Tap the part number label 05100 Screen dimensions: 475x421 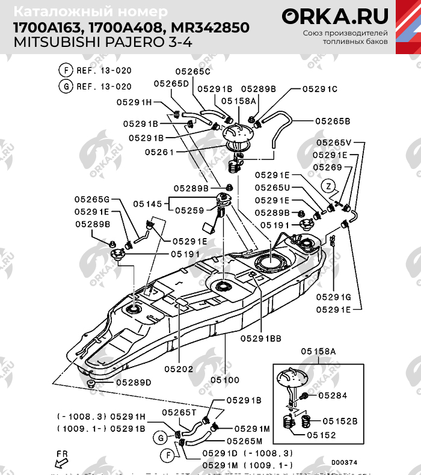tap(226, 380)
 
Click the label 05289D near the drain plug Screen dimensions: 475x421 tap(134, 382)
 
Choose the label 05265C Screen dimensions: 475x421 tap(193, 71)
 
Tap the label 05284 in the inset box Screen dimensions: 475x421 tap(333, 396)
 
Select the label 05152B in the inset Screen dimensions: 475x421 tap(343, 421)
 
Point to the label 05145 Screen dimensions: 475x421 tap(148, 204)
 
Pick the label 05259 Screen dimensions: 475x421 tap(189, 210)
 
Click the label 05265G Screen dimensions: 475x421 tap(92, 199)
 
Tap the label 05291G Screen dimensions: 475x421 tap(333, 297)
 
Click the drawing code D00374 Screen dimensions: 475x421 tap(344, 462)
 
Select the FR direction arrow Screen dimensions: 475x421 tap(61, 460)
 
